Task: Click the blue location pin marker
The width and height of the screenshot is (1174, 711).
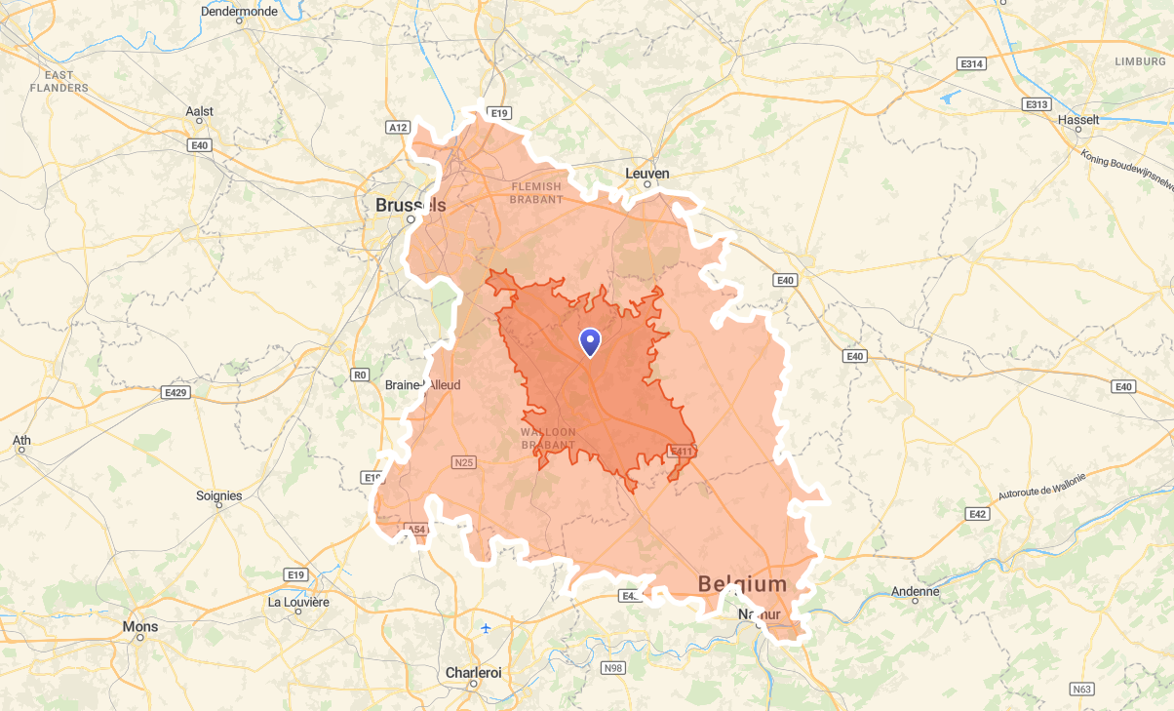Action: pos(590,342)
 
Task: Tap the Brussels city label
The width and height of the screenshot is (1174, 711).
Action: pos(411,205)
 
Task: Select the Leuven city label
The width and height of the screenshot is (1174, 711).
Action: pos(646,174)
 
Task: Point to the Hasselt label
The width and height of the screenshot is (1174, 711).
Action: pos(1078,120)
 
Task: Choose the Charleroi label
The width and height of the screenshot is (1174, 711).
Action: pos(473,673)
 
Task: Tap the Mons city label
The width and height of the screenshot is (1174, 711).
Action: pos(139,626)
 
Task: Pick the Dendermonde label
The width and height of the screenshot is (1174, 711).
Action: pos(239,12)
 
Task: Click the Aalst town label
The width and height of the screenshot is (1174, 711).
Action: pos(199,111)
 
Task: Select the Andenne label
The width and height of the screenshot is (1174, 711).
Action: pos(915,591)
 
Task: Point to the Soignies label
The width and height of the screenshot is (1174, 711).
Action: pos(218,495)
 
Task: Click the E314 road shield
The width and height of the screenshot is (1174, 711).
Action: pos(971,63)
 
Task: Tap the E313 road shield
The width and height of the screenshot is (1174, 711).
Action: pos(1036,103)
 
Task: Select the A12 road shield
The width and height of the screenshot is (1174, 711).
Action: pos(397,127)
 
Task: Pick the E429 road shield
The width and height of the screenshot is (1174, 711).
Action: pos(176,393)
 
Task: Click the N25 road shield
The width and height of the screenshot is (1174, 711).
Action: pos(463,462)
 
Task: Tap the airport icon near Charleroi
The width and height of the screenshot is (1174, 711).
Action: pos(486,627)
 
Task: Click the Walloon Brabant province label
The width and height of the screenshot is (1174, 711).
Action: pos(548,438)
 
